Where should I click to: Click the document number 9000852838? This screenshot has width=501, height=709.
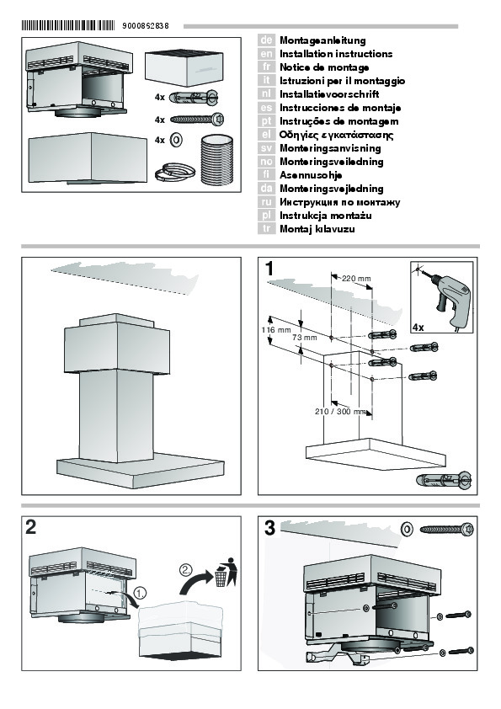(x=145, y=26)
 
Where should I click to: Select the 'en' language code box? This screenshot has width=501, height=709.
(x=266, y=54)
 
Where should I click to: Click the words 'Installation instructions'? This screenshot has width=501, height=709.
(x=336, y=54)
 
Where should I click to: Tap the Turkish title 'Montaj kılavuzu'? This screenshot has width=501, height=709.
(x=317, y=229)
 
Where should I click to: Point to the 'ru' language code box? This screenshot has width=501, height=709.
(x=266, y=202)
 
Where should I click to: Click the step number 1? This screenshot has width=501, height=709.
(x=269, y=269)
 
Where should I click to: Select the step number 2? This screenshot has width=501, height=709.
(x=31, y=527)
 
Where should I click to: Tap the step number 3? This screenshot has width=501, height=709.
(x=269, y=528)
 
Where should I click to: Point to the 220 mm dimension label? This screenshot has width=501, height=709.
(x=356, y=279)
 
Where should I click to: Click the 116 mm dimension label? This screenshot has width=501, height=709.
(x=276, y=330)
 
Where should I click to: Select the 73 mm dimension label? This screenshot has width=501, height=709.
(x=304, y=338)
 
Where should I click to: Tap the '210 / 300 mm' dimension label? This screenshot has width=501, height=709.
(x=340, y=412)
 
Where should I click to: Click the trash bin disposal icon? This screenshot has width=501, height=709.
(x=227, y=572)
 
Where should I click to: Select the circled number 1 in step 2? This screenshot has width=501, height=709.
(x=141, y=593)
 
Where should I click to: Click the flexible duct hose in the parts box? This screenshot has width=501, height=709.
(x=216, y=160)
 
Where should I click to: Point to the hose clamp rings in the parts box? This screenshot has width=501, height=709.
(x=174, y=173)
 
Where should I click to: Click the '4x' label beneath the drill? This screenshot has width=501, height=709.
(x=418, y=327)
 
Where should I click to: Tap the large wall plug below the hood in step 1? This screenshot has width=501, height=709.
(x=443, y=481)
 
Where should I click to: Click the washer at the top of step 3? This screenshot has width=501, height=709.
(x=407, y=529)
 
